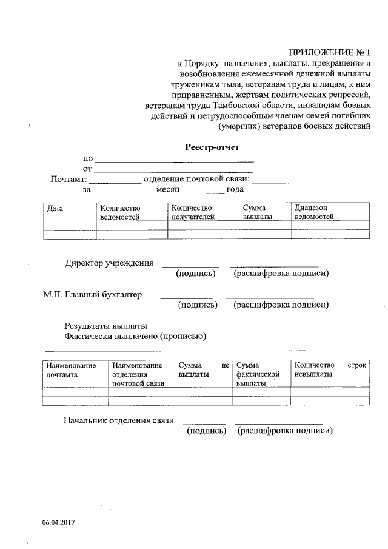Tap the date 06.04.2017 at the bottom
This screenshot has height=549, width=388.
click(58, 522)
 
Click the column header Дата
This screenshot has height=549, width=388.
click(55, 207)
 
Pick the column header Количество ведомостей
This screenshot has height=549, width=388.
click(120, 212)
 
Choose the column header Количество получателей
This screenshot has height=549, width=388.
click(192, 212)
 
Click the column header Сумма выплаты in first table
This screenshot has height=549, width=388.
click(257, 212)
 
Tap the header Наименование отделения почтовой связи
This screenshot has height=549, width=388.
click(138, 374)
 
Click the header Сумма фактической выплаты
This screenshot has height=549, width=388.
click(258, 374)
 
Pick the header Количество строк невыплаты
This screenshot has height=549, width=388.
click(330, 369)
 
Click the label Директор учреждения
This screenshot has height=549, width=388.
click(109, 263)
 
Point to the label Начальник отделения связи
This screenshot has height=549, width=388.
click(119, 420)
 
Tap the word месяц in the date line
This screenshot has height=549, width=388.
click(168, 190)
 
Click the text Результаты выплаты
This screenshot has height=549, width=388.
click(105, 326)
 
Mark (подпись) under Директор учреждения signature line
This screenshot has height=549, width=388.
click(195, 274)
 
